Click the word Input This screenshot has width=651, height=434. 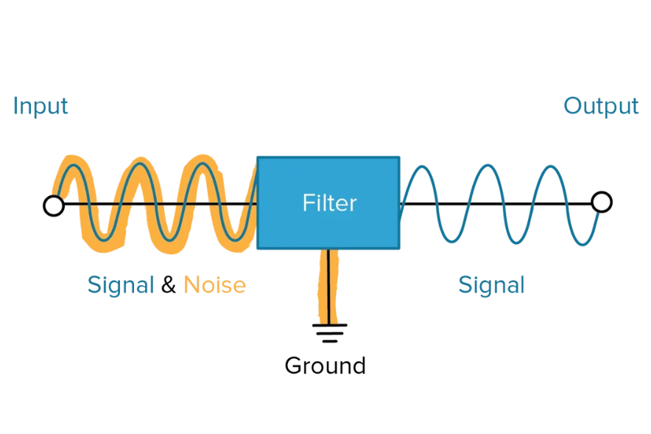(41, 106)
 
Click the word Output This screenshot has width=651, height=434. (601, 106)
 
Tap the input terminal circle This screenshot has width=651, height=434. (54, 205)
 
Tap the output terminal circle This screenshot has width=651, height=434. (602, 202)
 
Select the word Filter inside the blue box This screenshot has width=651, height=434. (329, 203)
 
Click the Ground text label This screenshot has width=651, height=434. (325, 365)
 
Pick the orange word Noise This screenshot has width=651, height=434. (214, 284)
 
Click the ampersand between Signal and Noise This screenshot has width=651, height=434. (169, 284)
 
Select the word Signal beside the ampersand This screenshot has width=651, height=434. (121, 284)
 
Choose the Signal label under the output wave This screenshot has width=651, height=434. (491, 284)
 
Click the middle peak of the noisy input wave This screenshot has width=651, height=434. (138, 166)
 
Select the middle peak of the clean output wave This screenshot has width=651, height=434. (488, 167)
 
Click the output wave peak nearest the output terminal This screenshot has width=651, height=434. (552, 167)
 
